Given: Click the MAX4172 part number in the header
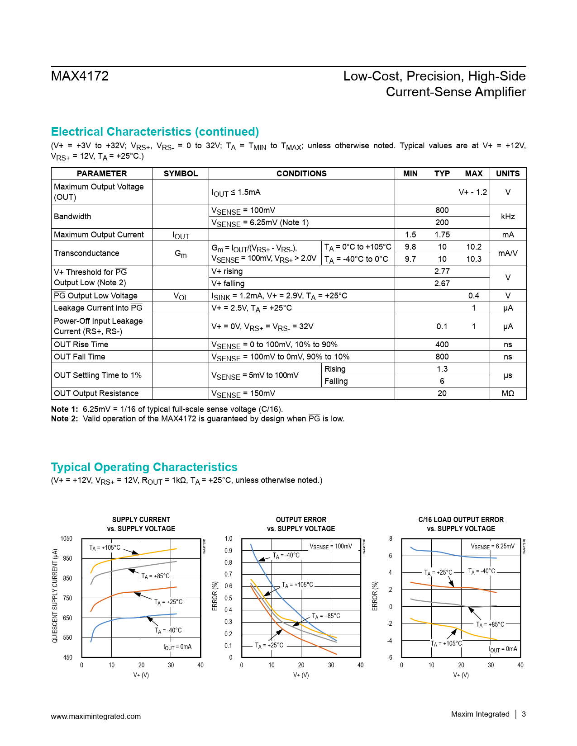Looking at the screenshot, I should (x=80, y=76).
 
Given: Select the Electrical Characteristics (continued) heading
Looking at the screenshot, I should (x=155, y=132).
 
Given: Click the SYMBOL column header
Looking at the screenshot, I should (x=181, y=174).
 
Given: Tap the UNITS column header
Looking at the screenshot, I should (x=508, y=174).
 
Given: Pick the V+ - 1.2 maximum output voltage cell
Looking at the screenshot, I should (x=472, y=192).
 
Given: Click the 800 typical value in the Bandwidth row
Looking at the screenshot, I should (x=442, y=210).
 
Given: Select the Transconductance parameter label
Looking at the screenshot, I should (x=86, y=253).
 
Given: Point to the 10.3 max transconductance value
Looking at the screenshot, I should (x=473, y=259).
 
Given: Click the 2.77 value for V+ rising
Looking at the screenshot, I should (x=442, y=271).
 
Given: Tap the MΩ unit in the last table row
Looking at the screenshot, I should (x=508, y=393).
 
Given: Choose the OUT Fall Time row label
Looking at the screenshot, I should (x=80, y=357).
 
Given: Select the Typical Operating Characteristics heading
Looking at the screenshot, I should (x=144, y=467).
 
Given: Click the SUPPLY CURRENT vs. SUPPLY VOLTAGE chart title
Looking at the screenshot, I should (x=141, y=524).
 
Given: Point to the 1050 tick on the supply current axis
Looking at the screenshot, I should (x=67, y=538).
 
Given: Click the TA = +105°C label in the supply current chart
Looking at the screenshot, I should (x=105, y=548).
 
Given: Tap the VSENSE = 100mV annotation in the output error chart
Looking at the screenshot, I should (x=330, y=547).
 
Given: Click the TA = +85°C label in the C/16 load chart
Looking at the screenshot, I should (x=490, y=624).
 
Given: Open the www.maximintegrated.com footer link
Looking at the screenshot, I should (x=96, y=716).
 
